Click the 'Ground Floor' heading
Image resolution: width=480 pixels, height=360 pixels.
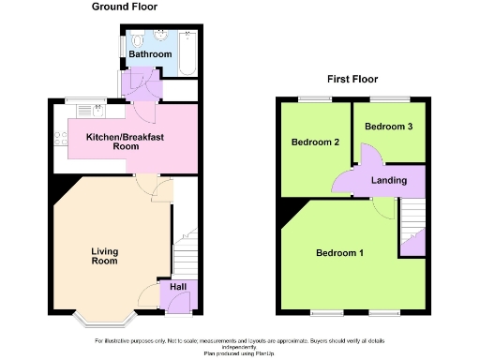(124, 7)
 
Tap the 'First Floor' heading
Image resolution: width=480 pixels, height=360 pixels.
(352, 80)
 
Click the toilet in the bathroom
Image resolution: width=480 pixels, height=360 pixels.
(137, 41)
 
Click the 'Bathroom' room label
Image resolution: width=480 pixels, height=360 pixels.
(151, 55)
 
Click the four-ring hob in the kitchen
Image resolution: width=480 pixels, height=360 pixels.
(61, 140)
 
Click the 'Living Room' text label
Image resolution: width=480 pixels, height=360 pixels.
(104, 256)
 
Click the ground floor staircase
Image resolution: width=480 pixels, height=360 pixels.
(186, 253)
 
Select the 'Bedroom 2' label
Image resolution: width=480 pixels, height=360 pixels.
(308, 143)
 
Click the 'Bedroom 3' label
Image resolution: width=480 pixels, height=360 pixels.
(388, 127)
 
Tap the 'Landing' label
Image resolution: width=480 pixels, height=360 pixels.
(389, 180)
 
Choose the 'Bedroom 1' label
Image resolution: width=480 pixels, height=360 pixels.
(339, 253)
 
